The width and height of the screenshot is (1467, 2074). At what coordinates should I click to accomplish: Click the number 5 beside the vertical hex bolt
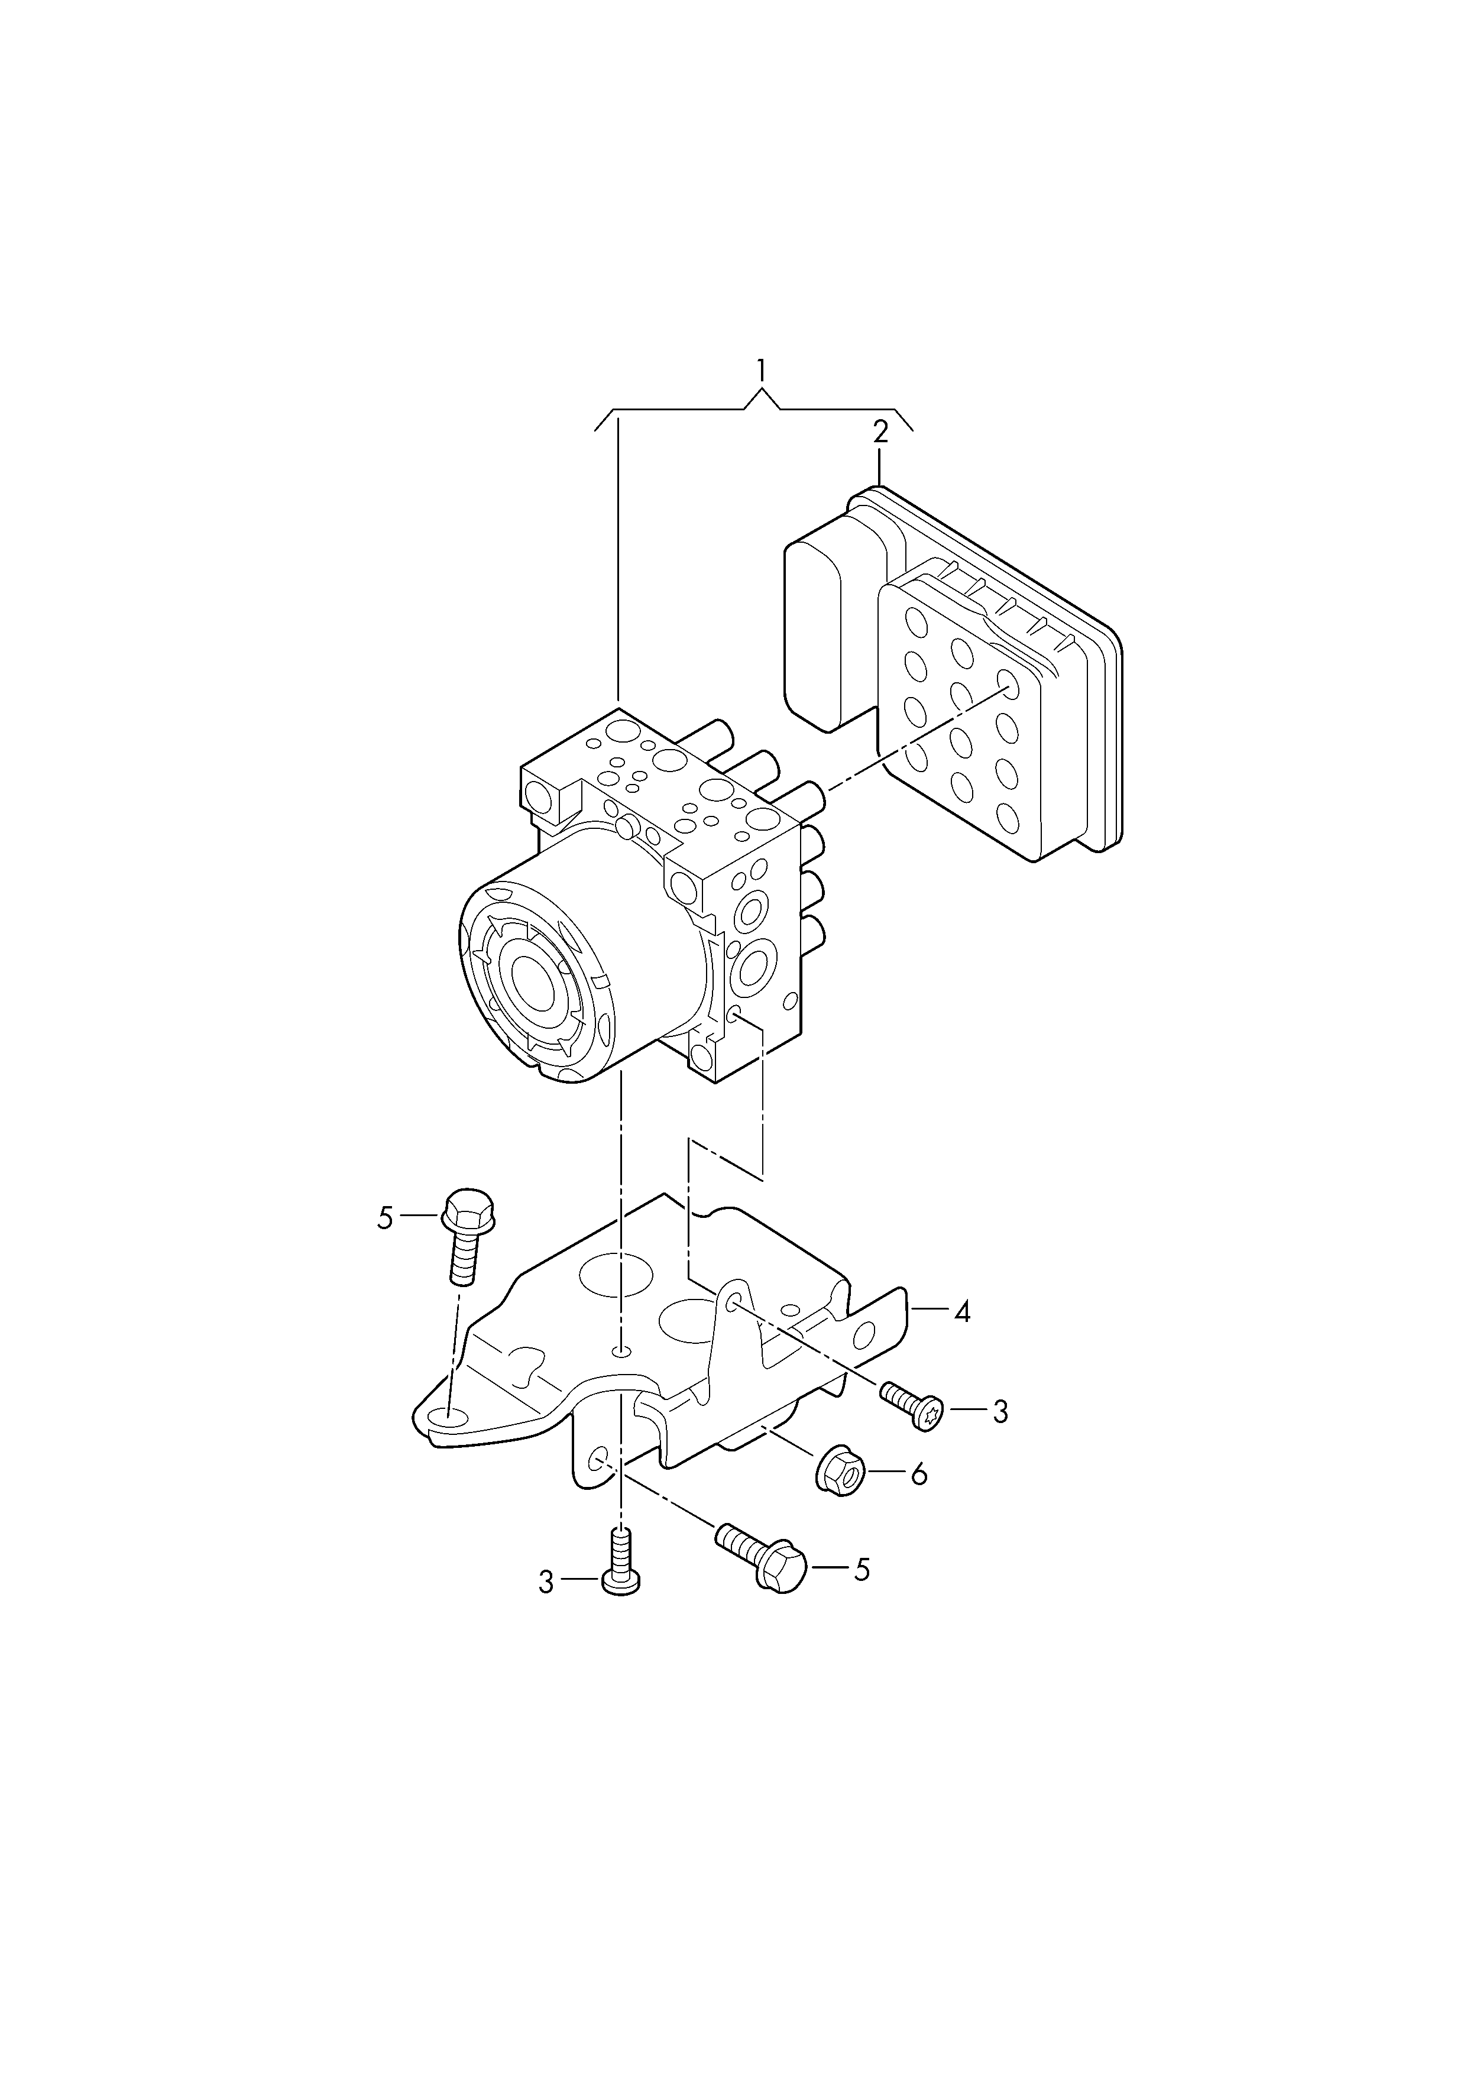click(x=386, y=1219)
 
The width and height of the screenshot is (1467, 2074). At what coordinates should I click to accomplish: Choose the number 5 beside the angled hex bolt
click(x=862, y=1570)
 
